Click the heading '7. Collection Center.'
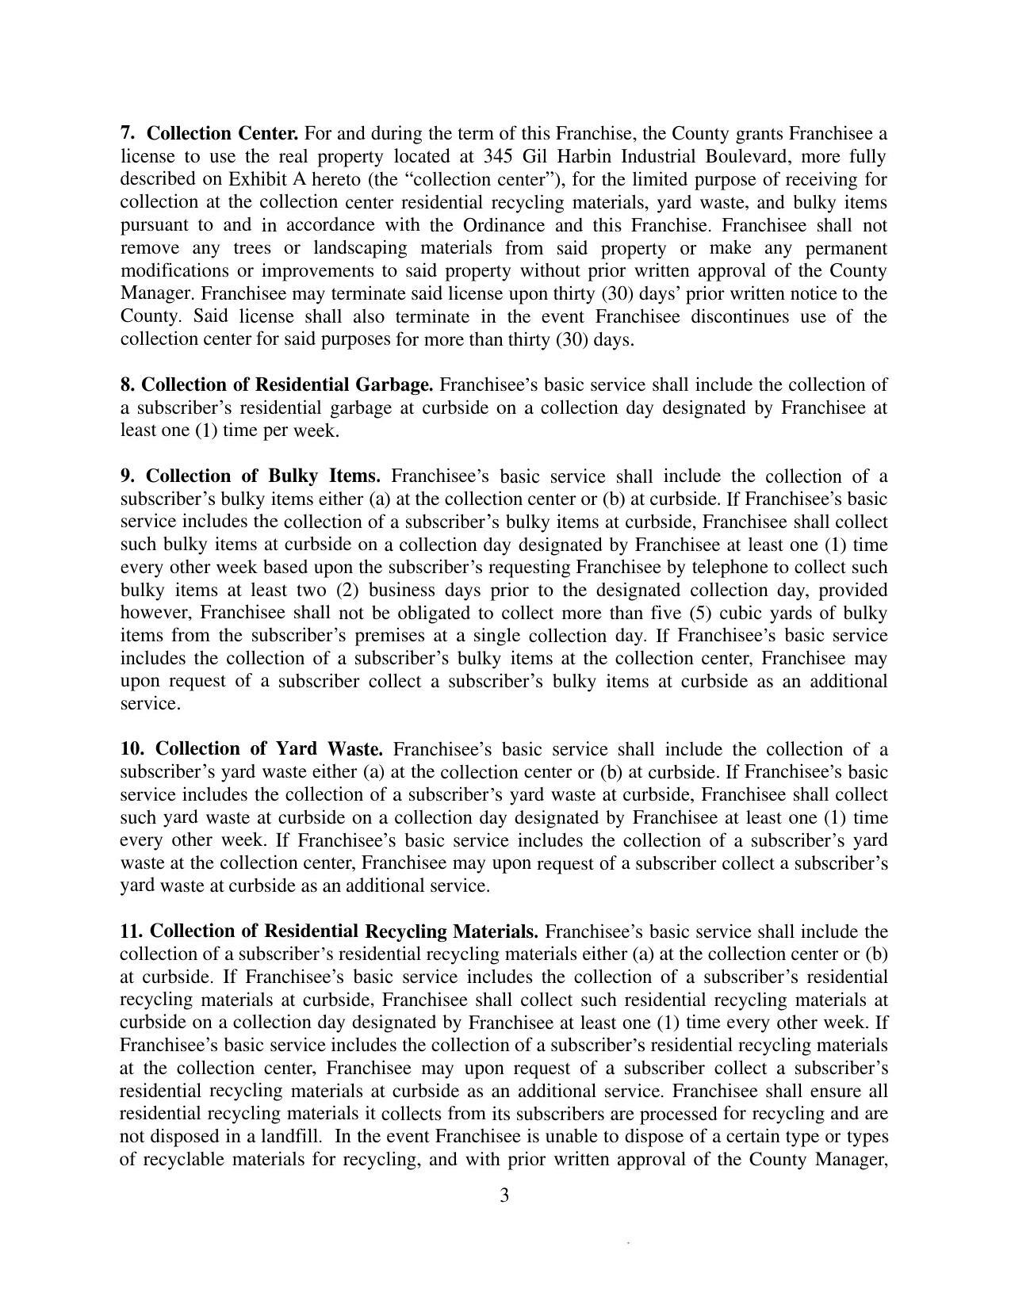tap(209, 132)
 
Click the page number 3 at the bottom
tap(504, 1195)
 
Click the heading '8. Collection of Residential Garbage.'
tap(277, 384)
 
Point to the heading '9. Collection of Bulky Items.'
tap(251, 476)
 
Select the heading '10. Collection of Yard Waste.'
tap(251, 749)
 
